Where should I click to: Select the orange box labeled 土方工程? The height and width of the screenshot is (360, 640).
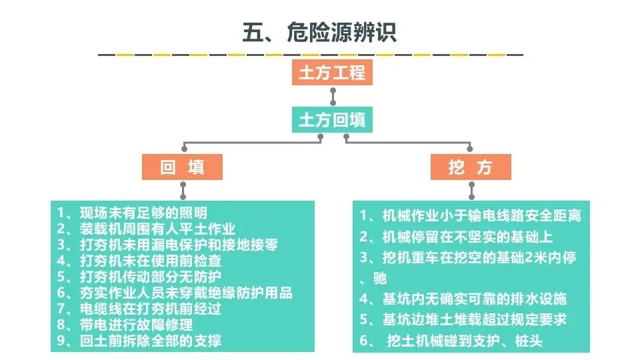pyautogui.click(x=332, y=73)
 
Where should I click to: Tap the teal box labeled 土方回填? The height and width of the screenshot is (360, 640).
pyautogui.click(x=332, y=119)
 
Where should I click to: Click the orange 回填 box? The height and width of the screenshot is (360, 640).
pyautogui.click(x=182, y=167)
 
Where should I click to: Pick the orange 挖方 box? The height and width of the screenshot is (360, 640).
pyautogui.click(x=471, y=167)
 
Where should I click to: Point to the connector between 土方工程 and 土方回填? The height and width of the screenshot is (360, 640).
pyautogui.click(x=333, y=96)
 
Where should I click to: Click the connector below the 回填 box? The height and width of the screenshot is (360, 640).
pyautogui.click(x=183, y=191)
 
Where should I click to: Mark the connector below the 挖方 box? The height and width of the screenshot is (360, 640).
pyautogui.click(x=471, y=191)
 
